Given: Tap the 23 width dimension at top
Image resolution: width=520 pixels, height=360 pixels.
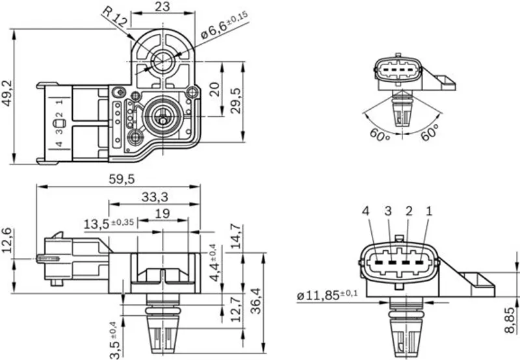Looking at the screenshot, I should [163, 8].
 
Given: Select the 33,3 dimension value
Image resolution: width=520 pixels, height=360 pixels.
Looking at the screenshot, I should [154, 196].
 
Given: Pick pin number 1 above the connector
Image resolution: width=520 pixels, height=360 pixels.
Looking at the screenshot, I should [428, 211].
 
